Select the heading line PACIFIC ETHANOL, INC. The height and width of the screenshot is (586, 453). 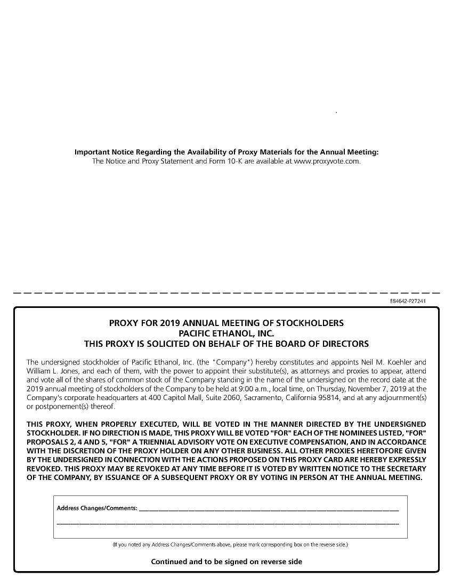pos(226,333)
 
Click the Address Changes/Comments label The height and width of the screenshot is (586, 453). pos(97,508)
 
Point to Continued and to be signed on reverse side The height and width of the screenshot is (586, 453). pos(226,561)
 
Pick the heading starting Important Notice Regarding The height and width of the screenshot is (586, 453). pos(226,152)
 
